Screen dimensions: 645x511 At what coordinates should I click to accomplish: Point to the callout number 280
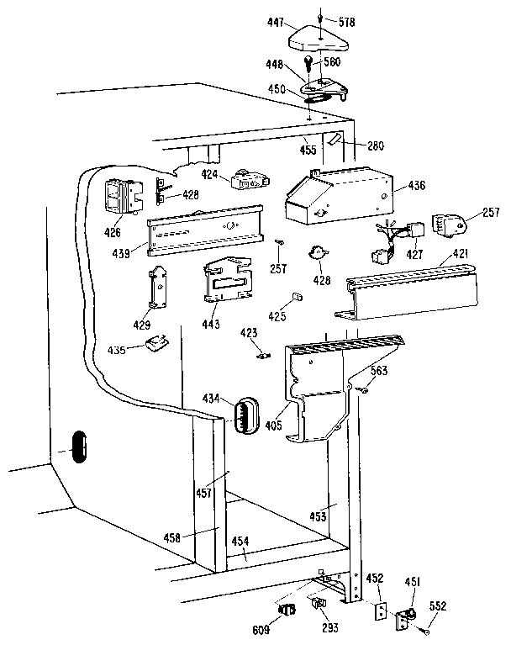point(375,145)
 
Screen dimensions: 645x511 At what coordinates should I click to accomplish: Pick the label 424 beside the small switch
point(210,175)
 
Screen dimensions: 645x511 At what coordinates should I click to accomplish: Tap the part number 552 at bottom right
point(461,605)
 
